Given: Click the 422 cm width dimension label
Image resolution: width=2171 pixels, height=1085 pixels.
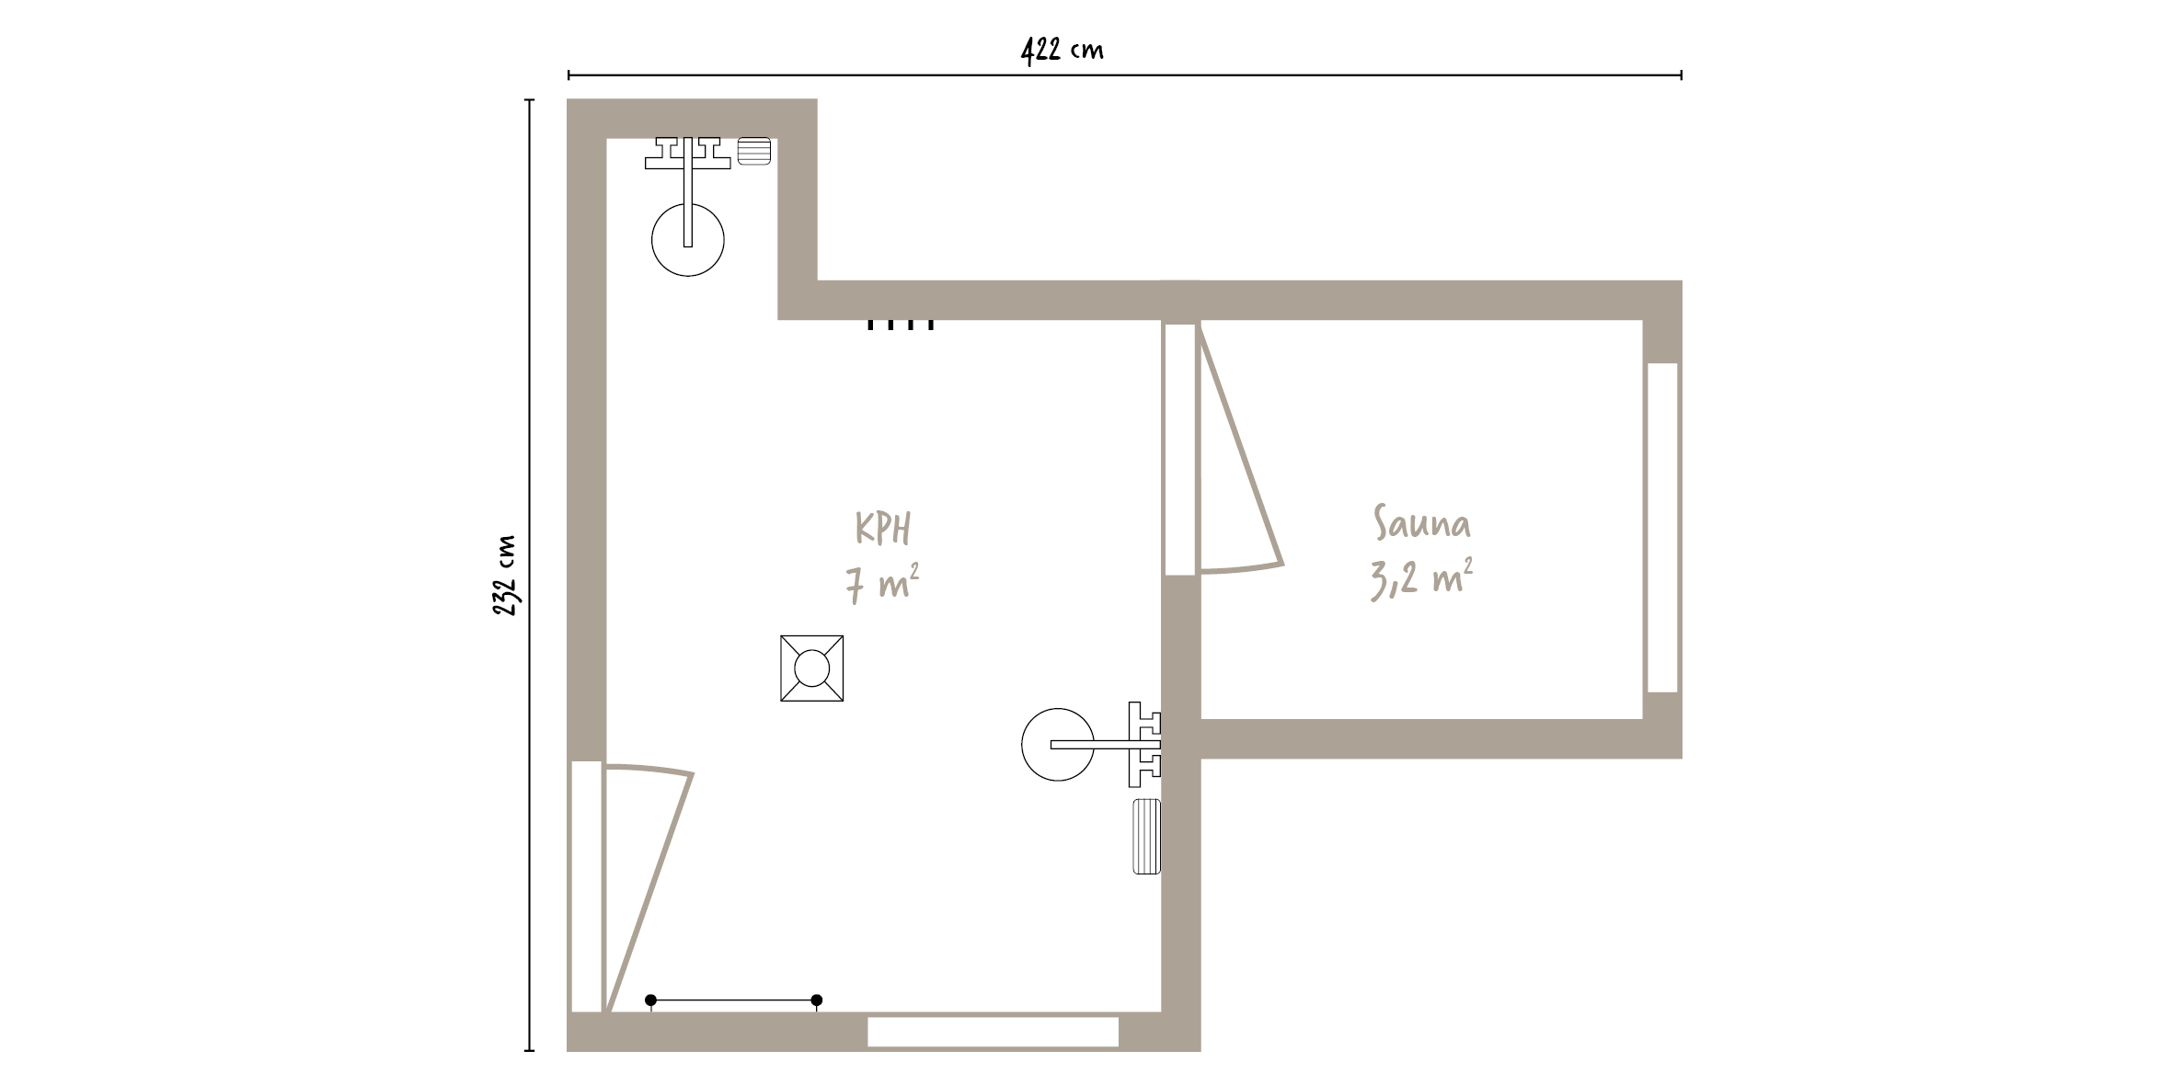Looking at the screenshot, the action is (1062, 50).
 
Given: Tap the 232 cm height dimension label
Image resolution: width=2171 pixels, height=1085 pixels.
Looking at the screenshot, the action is (503, 576).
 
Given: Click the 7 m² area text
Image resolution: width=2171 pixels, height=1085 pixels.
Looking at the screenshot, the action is (882, 584).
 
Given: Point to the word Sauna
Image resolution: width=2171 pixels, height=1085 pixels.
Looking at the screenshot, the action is (1422, 522).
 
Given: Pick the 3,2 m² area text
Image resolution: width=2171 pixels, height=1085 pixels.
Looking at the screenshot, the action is (1421, 578).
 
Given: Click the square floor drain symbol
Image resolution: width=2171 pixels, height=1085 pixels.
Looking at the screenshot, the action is (812, 668).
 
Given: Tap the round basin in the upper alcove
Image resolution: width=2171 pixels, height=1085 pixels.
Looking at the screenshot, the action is (688, 240).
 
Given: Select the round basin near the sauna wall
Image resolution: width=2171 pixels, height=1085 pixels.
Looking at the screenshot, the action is (1058, 745).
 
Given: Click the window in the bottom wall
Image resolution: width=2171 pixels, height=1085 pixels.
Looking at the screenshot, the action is (994, 1032).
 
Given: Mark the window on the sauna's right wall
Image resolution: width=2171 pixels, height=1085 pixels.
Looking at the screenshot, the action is (1663, 528).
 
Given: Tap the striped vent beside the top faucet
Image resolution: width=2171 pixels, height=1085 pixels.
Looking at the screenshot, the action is (754, 151).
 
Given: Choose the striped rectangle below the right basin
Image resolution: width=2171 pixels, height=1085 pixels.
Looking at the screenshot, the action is (1147, 837).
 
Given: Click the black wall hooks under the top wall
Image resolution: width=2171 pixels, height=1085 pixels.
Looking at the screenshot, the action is (901, 324).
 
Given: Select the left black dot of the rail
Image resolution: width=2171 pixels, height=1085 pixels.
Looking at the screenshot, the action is (651, 1000).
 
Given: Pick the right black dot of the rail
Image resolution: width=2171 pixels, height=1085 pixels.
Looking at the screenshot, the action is (817, 1000).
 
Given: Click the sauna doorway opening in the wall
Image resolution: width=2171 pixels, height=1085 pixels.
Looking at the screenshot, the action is (1180, 450).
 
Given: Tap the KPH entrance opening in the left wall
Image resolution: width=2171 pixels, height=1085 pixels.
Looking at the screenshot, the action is (586, 886).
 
